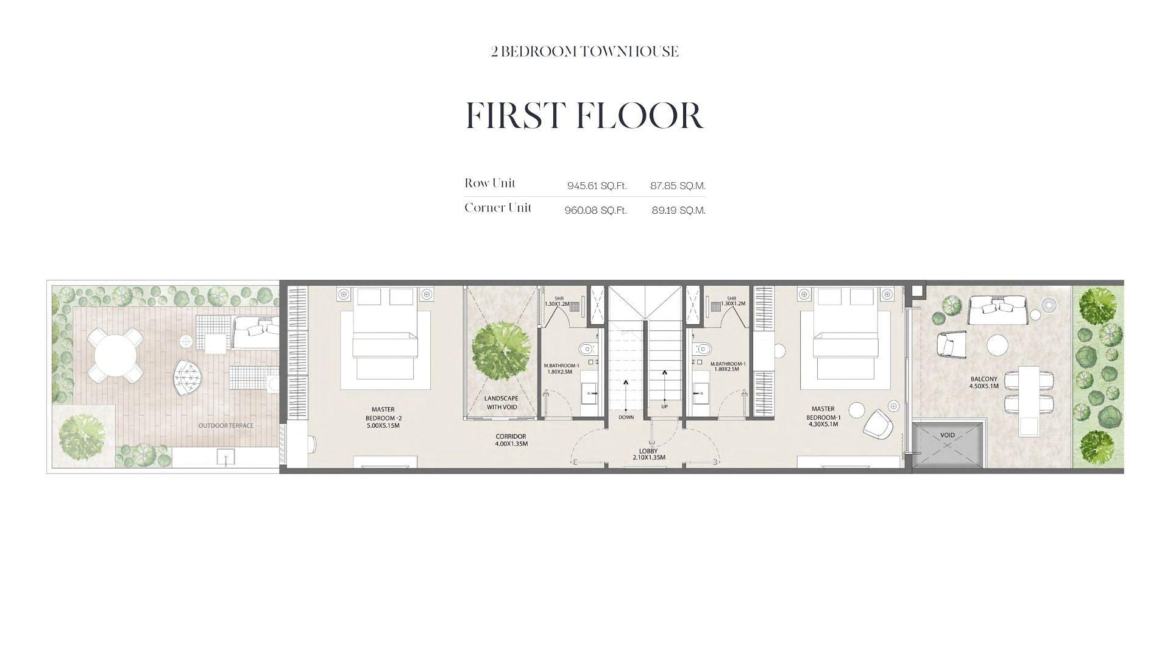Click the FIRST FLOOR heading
point(585,115)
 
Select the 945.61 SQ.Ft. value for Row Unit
point(597,186)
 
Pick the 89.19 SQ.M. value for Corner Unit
point(678,210)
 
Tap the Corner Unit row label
point(498,208)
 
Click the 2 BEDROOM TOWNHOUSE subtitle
point(585,52)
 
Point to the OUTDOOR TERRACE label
point(226,425)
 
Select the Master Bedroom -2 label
point(383,417)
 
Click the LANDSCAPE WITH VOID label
point(502,403)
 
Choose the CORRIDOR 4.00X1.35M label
point(511,440)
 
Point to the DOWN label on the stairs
point(626,417)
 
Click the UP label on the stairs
point(664,406)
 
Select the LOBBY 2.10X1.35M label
point(648,454)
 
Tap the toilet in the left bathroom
point(587,349)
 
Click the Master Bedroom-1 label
point(823,417)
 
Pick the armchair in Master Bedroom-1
point(878,423)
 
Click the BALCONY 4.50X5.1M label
point(984,382)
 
